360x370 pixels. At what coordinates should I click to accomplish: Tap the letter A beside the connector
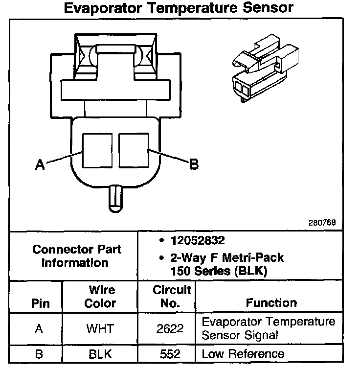[x=40, y=165]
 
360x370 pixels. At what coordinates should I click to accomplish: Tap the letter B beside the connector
[x=194, y=165]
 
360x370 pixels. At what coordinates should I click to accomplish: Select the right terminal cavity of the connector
[x=133, y=150]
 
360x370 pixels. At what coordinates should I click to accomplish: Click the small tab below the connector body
[x=115, y=198]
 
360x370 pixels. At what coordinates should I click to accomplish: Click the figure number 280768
[x=322, y=222]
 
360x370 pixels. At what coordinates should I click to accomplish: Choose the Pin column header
[x=40, y=303]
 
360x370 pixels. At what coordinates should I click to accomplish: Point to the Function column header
[x=271, y=303]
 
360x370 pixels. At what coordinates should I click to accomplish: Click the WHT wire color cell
[x=100, y=329]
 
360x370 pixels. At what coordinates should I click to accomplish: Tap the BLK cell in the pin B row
[x=100, y=353]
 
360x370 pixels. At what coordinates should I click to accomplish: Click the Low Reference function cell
[x=243, y=353]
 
